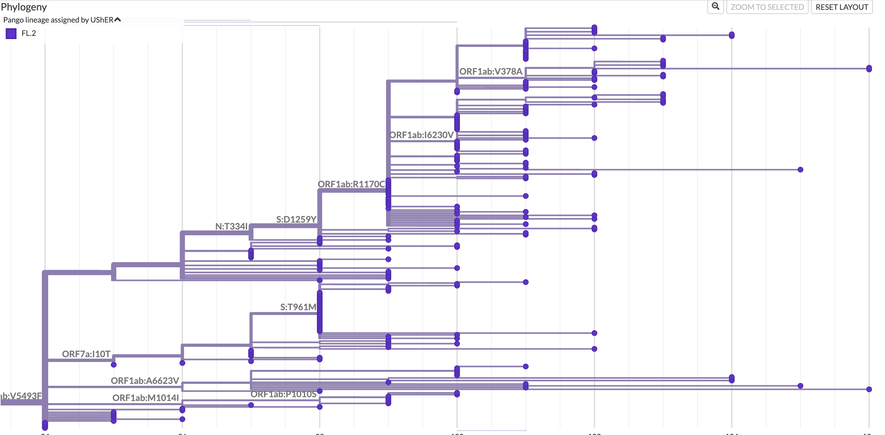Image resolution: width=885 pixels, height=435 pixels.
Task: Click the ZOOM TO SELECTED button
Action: coord(767,7)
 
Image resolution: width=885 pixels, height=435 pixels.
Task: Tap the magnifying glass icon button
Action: coord(715,7)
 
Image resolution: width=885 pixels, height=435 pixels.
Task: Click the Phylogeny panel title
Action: coord(24,7)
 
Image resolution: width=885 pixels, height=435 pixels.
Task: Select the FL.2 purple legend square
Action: coord(11,33)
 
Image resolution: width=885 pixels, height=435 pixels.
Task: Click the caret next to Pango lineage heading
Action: coord(117,20)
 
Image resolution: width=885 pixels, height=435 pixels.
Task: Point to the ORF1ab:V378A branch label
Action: coord(490,71)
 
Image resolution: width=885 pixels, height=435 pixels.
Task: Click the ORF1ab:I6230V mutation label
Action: coord(421,135)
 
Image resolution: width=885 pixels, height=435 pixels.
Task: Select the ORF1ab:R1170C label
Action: coord(351,184)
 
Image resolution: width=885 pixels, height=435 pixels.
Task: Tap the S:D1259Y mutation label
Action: coord(296,219)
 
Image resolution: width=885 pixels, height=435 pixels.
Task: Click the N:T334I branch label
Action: coord(231,226)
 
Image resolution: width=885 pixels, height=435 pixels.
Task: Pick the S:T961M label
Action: coord(298,307)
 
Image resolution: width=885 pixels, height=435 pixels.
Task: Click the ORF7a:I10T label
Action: coord(86,354)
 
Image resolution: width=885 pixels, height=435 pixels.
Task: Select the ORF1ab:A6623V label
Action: coord(145,381)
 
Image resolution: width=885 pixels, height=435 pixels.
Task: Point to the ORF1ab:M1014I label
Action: coord(145,398)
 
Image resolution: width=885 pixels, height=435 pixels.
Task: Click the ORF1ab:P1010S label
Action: coord(283,394)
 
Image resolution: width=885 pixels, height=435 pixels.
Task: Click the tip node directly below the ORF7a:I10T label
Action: coord(114,365)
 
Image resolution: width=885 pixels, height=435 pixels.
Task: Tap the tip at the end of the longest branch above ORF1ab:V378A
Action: coord(869,69)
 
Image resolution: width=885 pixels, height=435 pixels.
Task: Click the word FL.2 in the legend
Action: coord(29,33)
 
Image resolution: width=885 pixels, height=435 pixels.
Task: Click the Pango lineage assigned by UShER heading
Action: coord(58,20)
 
